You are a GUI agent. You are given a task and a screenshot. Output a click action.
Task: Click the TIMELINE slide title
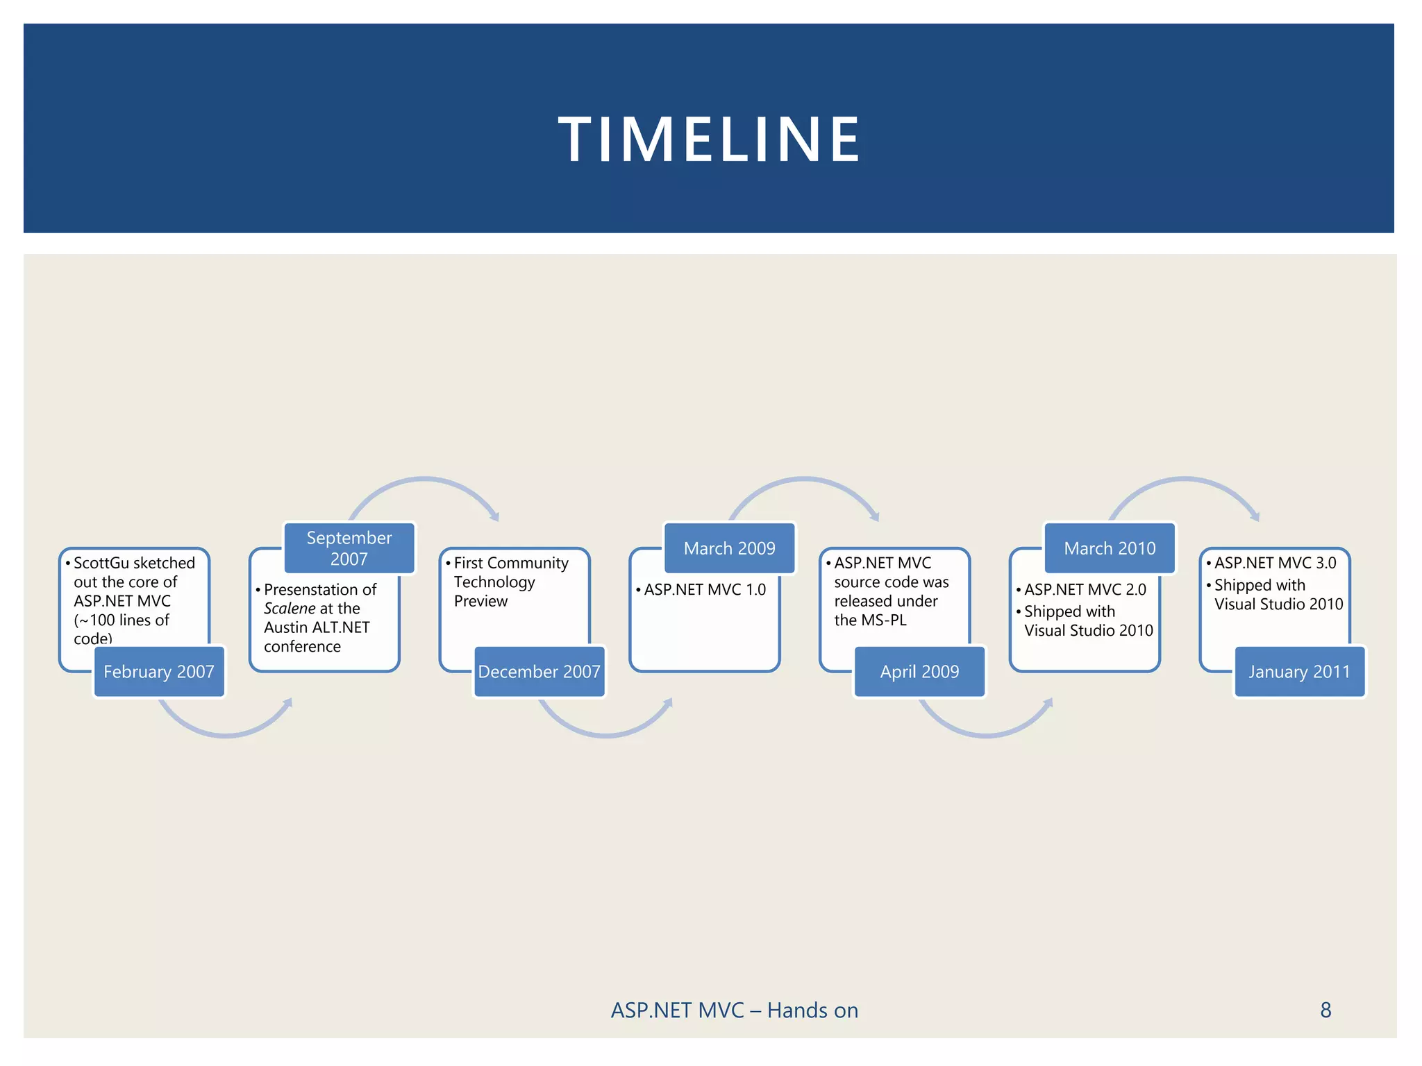[709, 139]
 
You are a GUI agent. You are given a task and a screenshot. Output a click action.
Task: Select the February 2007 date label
[159, 671]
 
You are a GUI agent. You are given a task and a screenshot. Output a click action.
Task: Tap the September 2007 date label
[349, 548]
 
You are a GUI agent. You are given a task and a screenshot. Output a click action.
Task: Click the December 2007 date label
[539, 671]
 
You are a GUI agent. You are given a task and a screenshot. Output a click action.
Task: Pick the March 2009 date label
[729, 548]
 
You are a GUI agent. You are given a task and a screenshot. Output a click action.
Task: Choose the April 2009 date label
[919, 671]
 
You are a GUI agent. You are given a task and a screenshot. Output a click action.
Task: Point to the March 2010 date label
[1110, 548]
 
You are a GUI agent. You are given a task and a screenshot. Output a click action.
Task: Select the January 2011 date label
[1299, 671]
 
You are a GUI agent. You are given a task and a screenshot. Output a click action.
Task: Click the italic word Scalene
[290, 609]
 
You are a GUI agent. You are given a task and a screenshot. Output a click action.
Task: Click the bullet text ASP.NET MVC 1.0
[705, 589]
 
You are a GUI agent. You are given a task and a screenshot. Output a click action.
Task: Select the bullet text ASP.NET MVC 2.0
[1085, 589]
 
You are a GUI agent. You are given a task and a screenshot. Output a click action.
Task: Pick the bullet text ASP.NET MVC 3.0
[1275, 563]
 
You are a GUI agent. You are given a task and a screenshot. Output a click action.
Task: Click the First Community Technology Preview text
[510, 582]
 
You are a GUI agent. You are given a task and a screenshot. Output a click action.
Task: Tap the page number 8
[1325, 1010]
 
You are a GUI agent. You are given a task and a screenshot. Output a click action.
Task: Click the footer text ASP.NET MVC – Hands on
[735, 1010]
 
